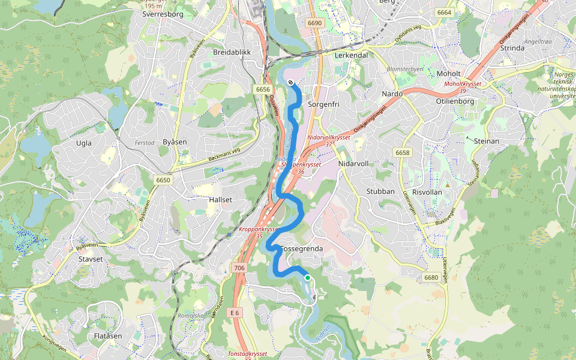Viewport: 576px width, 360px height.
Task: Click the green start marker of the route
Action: (x=307, y=278)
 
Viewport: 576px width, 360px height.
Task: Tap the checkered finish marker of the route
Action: (x=290, y=83)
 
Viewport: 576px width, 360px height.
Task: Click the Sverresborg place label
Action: (x=163, y=14)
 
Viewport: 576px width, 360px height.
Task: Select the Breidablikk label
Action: (x=232, y=52)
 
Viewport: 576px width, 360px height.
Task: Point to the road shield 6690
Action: (x=314, y=23)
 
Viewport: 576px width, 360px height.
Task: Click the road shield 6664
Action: (x=444, y=13)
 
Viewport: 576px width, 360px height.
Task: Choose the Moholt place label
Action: (x=448, y=73)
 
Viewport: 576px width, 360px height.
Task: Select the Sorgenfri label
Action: (x=324, y=104)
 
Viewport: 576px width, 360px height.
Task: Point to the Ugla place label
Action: (x=84, y=143)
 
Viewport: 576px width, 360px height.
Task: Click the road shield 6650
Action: (x=163, y=180)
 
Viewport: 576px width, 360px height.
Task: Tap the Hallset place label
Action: (x=220, y=199)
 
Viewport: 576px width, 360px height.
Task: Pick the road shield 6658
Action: (x=403, y=153)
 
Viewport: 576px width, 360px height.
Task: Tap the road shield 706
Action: (x=239, y=268)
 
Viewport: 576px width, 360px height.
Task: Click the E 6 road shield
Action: (x=235, y=313)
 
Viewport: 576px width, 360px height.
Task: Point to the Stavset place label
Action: (x=90, y=259)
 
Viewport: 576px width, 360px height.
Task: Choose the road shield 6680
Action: (x=431, y=277)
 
